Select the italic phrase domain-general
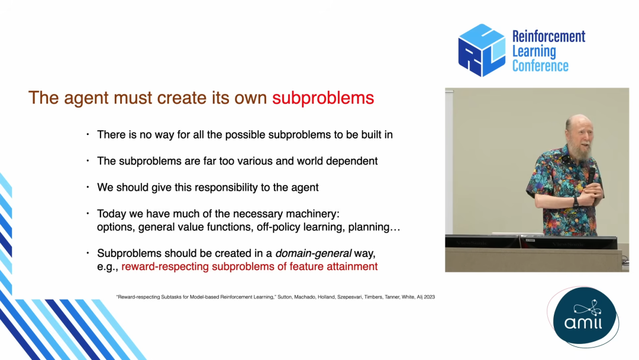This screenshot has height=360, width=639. pos(314,253)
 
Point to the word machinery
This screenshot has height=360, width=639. pos(312,214)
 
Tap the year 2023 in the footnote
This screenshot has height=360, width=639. pos(429,297)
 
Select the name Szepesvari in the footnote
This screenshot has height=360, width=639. pos(348,297)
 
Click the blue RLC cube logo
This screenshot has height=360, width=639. pos(482,50)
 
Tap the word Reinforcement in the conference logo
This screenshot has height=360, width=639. pos(548,37)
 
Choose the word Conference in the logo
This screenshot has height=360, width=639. pos(540,66)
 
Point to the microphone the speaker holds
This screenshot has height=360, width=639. pos(591,176)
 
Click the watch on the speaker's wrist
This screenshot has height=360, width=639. pos(576,201)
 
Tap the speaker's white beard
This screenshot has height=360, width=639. pos(584,151)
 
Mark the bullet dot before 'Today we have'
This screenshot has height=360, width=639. pos(88,213)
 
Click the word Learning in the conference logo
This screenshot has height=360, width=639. pos(534,52)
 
